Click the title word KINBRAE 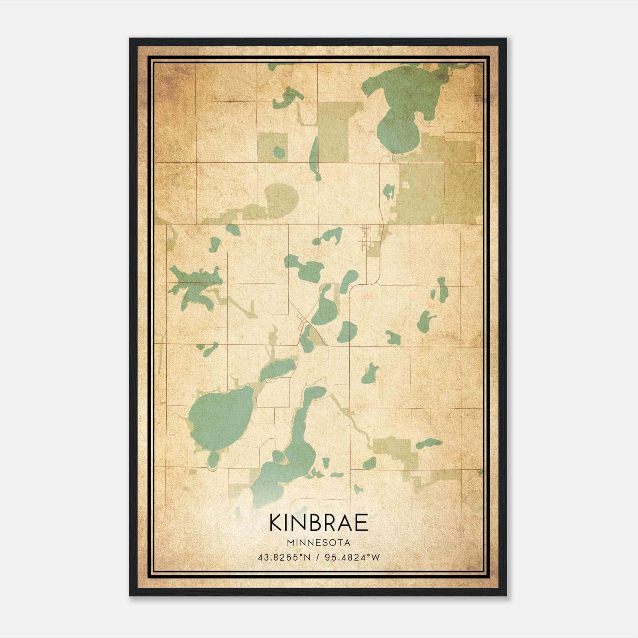(x=318, y=523)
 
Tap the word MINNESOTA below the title (x=318, y=543)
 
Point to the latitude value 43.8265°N (x=284, y=557)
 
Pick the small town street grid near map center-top (x=366, y=237)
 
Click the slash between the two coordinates (x=318, y=557)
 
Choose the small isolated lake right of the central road (x=370, y=374)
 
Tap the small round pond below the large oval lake (x=213, y=460)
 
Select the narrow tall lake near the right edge (x=443, y=289)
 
